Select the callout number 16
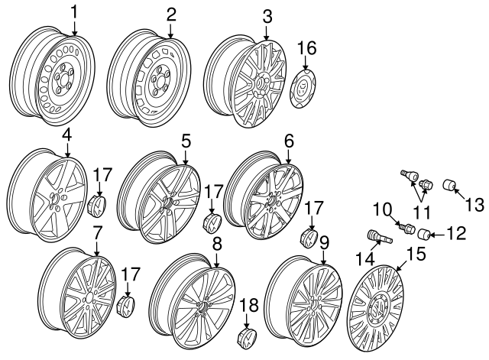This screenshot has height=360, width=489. click(306, 48)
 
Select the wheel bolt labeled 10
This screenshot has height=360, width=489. click(408, 227)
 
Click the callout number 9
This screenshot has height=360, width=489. click(325, 243)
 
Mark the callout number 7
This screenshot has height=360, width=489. click(97, 231)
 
